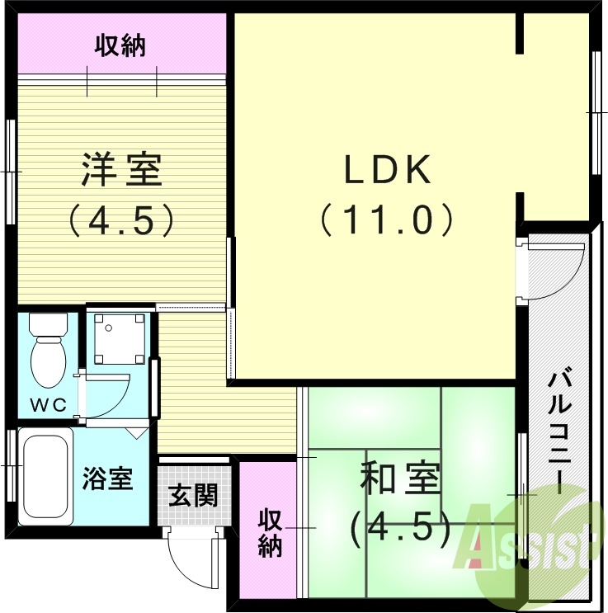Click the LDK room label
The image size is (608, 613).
coord(386,171)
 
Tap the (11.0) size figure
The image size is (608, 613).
coord(386,219)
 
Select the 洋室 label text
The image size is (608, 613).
coord(121,171)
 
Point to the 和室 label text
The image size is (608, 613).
coord(400,479)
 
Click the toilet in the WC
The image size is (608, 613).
coord(48,355)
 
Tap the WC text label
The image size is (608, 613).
coord(46,405)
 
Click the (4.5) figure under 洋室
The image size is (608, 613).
coord(121,219)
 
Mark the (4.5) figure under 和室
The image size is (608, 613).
coord(400,529)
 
